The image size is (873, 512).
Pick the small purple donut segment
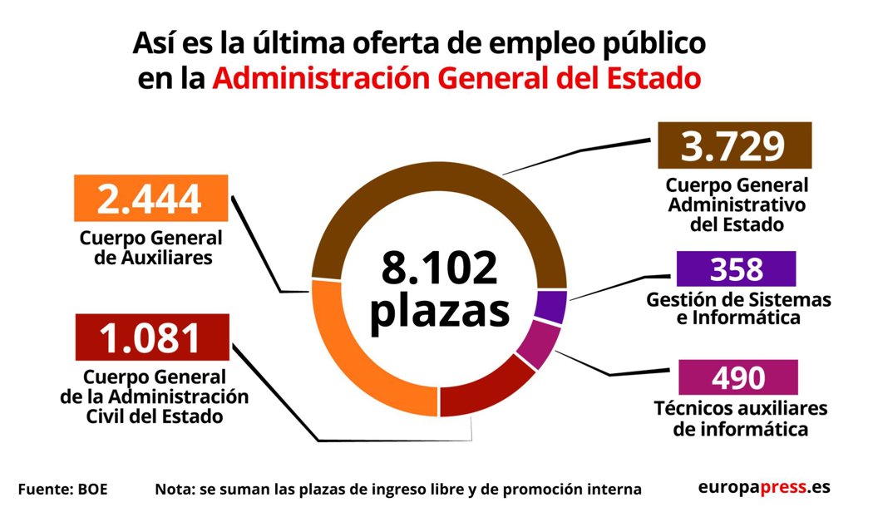(x=551, y=306)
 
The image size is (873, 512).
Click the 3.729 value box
(x=733, y=146)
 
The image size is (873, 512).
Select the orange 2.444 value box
(x=150, y=199)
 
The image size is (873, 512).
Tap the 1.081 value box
(x=150, y=337)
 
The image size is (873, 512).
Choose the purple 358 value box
(x=736, y=269)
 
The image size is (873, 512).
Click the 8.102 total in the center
(x=439, y=268)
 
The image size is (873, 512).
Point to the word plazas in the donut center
(x=439, y=309)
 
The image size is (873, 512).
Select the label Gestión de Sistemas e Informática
(x=738, y=308)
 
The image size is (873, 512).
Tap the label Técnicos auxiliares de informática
(x=740, y=419)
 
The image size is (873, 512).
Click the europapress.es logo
(x=763, y=487)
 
